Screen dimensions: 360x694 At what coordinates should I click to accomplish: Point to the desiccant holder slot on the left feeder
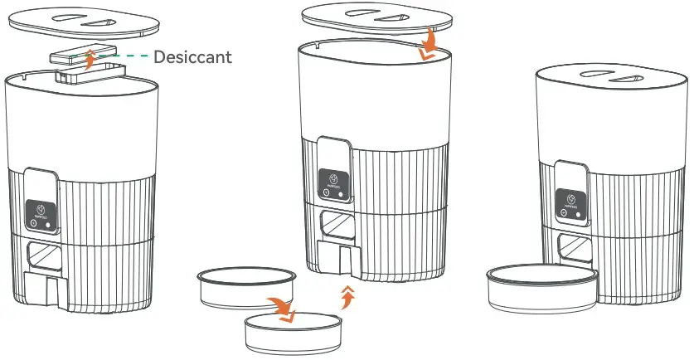pos(66,76)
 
